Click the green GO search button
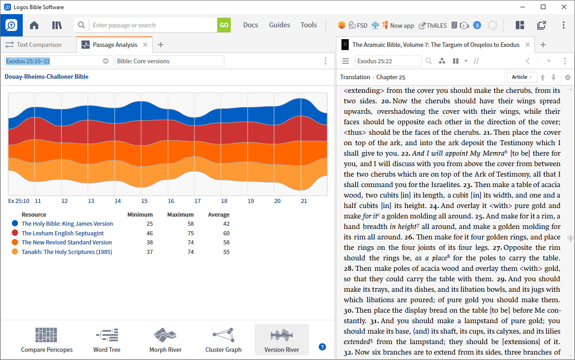pos(224,25)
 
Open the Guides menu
pos(280,25)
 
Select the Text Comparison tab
pos(39,45)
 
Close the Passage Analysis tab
pos(145,45)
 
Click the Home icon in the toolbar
pos(34,25)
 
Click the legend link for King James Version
pos(67,223)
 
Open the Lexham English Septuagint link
pos(62,233)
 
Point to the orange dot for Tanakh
pos(15,252)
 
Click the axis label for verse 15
pos(144,201)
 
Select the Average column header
pos(219,214)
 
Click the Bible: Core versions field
pos(169,61)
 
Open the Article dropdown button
pos(522,77)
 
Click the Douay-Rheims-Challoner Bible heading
pos(46,76)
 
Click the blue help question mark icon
pos(322,347)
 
